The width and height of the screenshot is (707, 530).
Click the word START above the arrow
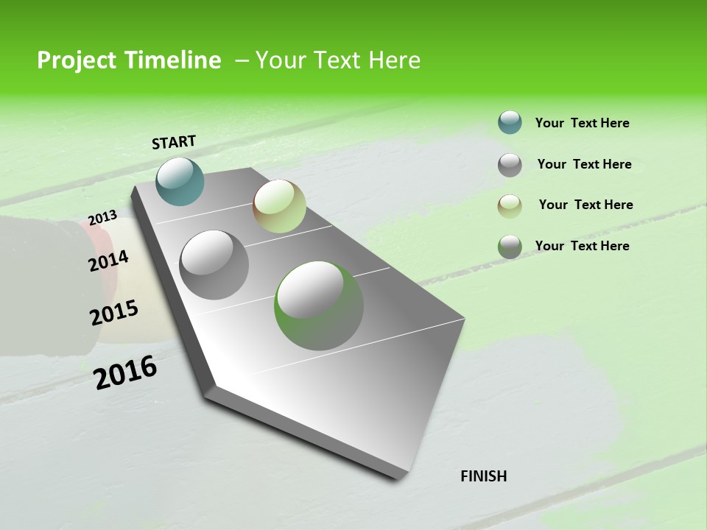[174, 142]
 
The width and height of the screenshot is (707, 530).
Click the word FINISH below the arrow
[483, 476]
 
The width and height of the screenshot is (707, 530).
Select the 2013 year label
[102, 218]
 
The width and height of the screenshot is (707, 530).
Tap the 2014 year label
[108, 261]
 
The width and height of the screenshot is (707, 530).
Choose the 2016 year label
[125, 372]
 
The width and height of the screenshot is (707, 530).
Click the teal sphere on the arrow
[180, 181]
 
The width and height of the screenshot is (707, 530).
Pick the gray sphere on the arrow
[214, 264]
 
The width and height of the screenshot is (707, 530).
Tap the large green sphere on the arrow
[319, 305]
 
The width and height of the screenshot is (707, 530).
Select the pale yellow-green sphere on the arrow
[279, 206]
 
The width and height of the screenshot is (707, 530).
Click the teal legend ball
[510, 122]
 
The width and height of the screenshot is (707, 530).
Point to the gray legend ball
[510, 164]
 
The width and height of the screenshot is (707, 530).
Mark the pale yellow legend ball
[510, 205]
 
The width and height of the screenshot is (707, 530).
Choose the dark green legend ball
[510, 247]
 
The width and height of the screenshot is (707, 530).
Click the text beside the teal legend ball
[582, 123]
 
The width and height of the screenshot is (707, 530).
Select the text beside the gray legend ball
[584, 164]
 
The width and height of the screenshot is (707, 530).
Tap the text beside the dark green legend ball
[582, 246]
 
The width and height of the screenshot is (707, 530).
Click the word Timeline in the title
[172, 60]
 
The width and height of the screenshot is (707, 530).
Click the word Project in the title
[76, 60]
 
